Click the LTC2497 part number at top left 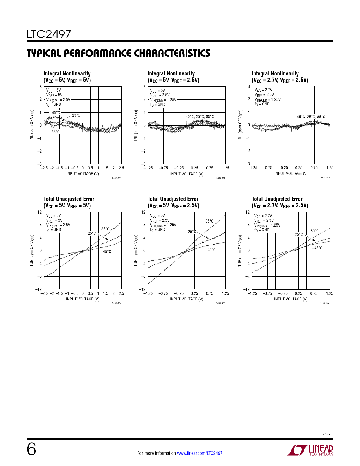point(49,34)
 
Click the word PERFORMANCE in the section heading point(98,53)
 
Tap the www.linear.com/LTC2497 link point(200,453)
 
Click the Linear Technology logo point(310,450)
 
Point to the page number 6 point(31,449)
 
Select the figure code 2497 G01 point(117,178)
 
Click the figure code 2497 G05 point(221,303)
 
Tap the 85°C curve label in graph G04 point(105,229)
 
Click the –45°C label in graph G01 point(55,113)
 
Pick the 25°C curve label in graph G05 point(192,232)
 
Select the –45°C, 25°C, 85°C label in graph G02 point(199,117)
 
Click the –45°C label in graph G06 point(317,248)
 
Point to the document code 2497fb point(328,434)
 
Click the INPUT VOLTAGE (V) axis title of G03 point(291,173)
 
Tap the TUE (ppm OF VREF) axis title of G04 point(32,250)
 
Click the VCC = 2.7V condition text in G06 point(263,216)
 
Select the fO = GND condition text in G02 point(158,104)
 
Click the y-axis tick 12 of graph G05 point(143,212)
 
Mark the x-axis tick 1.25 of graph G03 point(330,168)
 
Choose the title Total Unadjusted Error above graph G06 point(277,199)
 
